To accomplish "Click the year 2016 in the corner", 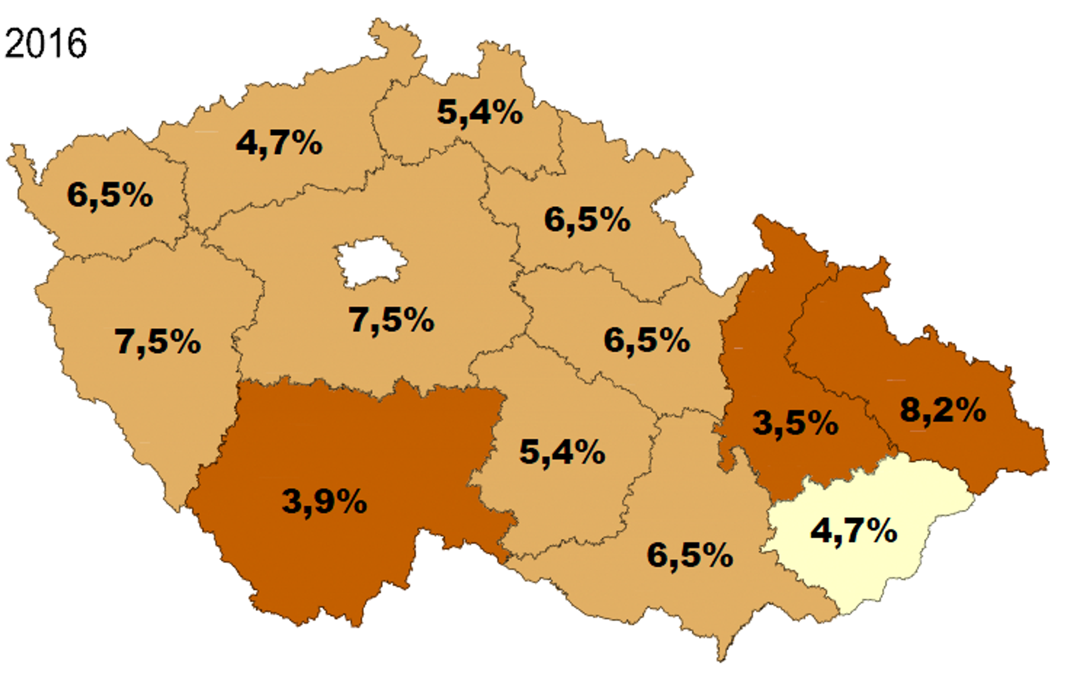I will [45, 43].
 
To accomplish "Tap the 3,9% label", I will [324, 502].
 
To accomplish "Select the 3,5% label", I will [795, 423].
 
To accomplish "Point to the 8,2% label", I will [943, 411].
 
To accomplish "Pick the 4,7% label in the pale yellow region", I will [854, 530].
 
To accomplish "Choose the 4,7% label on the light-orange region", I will [279, 143].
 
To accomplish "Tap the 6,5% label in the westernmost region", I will [110, 195].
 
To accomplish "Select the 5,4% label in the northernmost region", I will [480, 112].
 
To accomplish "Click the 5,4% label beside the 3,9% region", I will [562, 452].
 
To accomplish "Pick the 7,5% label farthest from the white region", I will [157, 342].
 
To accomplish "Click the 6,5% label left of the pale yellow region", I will [690, 555].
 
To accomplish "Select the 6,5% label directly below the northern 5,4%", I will [587, 220].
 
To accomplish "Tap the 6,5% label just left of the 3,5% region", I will [647, 340].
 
